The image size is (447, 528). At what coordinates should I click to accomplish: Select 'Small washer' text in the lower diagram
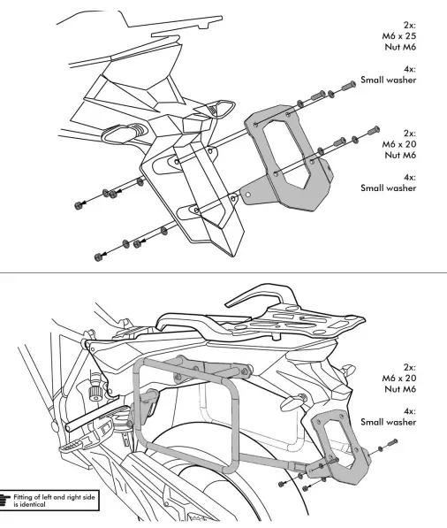click(389, 422)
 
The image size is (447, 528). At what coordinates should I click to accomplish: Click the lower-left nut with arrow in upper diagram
click(96, 257)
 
